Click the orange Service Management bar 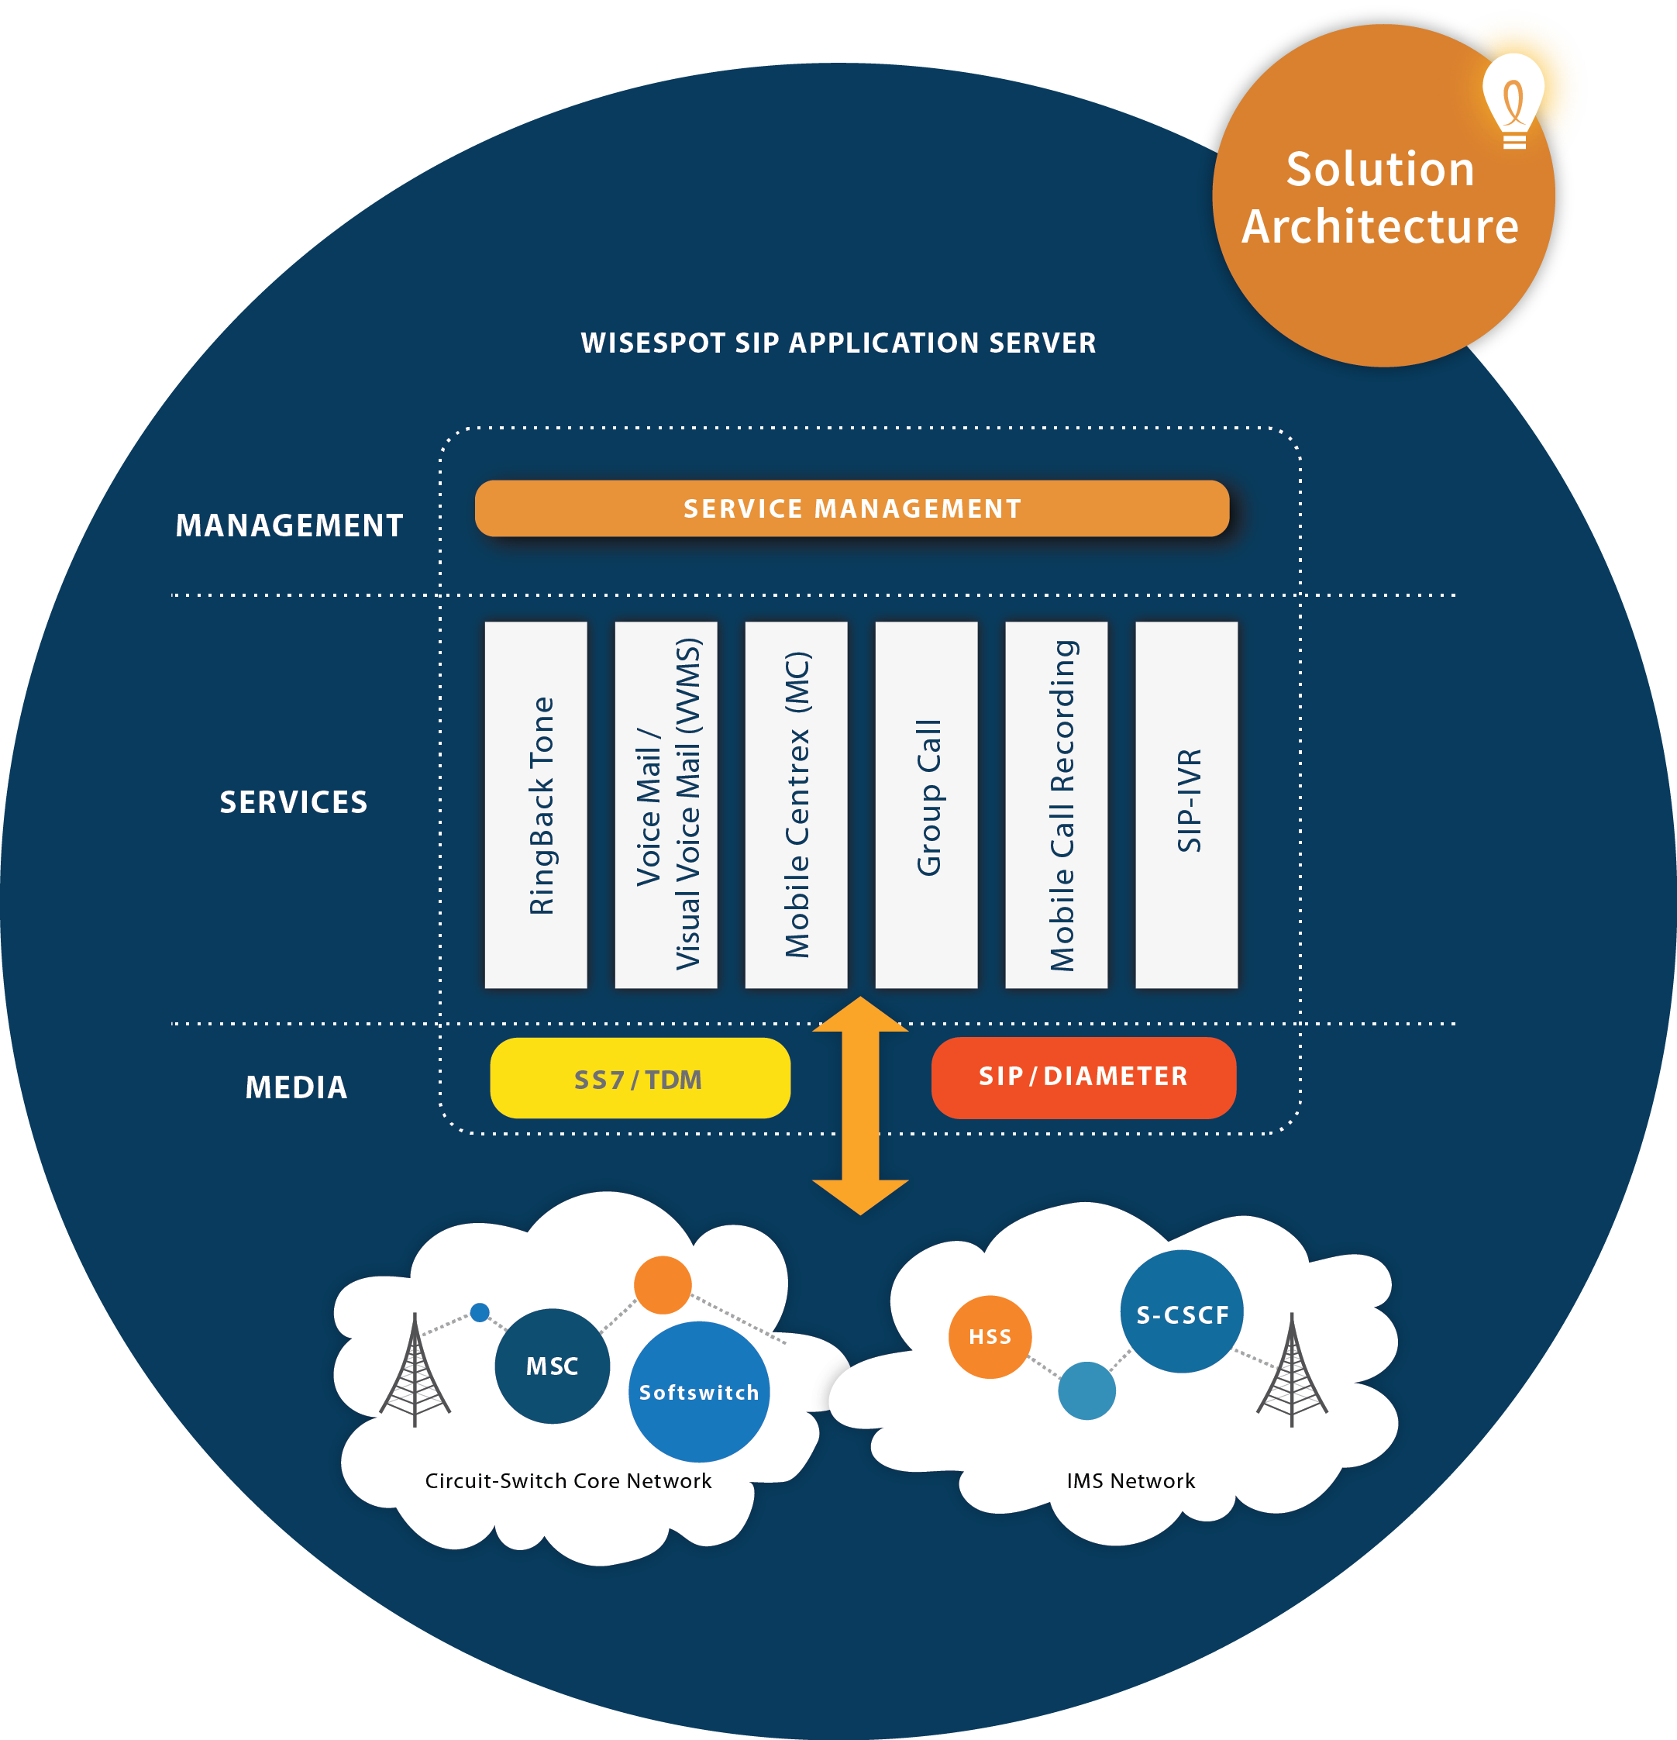[x=852, y=508]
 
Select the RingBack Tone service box [x=536, y=805]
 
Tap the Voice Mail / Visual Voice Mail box [x=666, y=805]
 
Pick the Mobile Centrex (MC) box [x=797, y=805]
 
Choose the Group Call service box [x=926, y=805]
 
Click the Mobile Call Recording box [x=1056, y=805]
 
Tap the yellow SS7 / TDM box [x=640, y=1078]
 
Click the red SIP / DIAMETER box [x=1083, y=1077]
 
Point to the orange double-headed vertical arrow [x=860, y=1105]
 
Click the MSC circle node [x=553, y=1366]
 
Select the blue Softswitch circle [x=699, y=1391]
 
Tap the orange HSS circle [x=990, y=1336]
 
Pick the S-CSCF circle [x=1182, y=1313]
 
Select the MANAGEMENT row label [x=289, y=525]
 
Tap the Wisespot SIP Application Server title [x=838, y=343]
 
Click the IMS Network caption [x=1130, y=1481]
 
